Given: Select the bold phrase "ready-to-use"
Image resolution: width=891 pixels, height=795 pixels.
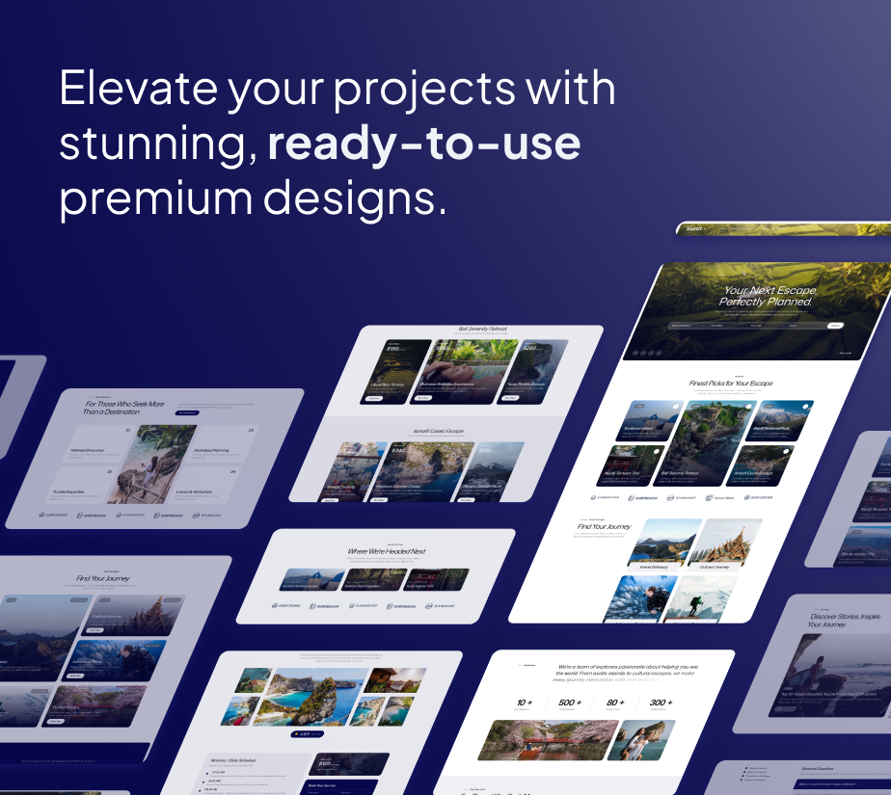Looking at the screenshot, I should (x=424, y=143).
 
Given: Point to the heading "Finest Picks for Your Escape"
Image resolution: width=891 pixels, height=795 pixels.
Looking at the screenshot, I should (x=730, y=384).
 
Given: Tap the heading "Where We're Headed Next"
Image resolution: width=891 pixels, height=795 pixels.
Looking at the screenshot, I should (x=387, y=551).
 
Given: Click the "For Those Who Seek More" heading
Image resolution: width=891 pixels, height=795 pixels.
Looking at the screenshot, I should (x=124, y=405).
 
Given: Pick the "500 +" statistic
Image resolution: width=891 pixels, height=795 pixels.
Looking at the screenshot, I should (x=571, y=702).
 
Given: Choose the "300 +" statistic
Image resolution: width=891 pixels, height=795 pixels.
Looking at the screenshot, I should (x=661, y=702).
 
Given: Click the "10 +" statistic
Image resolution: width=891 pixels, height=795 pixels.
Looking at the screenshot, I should (x=525, y=702).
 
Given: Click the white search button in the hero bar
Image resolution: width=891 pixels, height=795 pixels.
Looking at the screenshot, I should (x=835, y=326).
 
